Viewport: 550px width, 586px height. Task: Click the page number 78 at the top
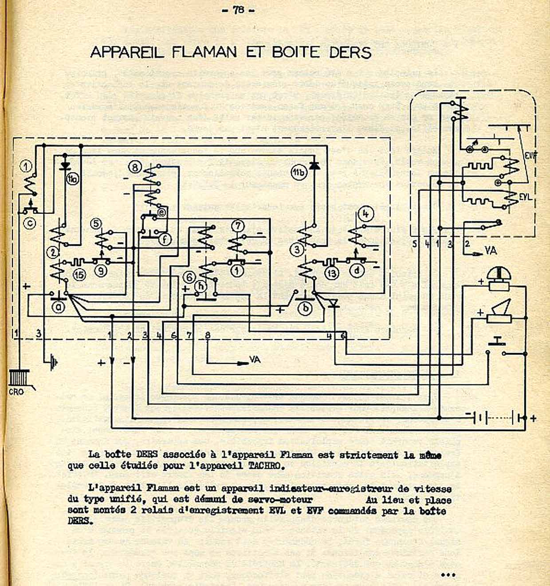tap(239, 10)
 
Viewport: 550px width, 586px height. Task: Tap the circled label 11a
tap(72, 179)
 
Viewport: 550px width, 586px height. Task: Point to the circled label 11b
tap(299, 173)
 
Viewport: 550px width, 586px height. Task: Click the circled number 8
tap(135, 167)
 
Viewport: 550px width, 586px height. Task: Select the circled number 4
tap(366, 214)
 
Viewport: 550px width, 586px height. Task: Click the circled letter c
tap(29, 223)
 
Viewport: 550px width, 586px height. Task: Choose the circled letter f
tap(165, 240)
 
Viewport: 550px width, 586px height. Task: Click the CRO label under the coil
tap(16, 392)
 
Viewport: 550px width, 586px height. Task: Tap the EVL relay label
tap(525, 196)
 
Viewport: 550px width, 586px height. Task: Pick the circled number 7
tap(238, 226)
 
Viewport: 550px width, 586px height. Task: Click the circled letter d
tap(357, 270)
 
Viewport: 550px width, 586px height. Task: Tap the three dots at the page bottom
tap(448, 575)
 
